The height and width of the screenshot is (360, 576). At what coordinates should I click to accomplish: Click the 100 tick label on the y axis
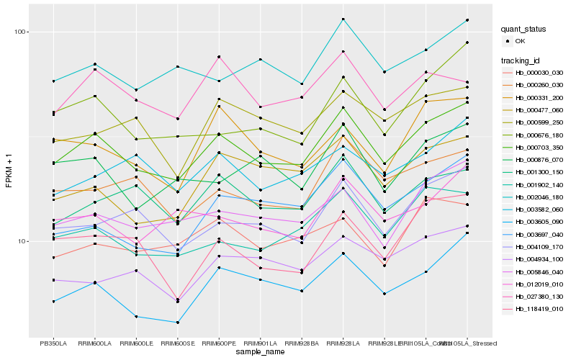pos(19,32)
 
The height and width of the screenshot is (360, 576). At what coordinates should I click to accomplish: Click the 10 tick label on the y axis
pos(21,241)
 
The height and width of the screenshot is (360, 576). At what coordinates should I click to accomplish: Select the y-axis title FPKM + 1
pos(8,172)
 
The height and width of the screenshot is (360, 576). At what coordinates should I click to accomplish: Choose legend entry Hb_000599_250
pos(537,122)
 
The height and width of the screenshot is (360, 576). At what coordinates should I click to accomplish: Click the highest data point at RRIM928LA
pos(343,19)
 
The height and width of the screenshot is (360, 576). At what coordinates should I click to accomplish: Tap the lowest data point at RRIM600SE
pos(177,323)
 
